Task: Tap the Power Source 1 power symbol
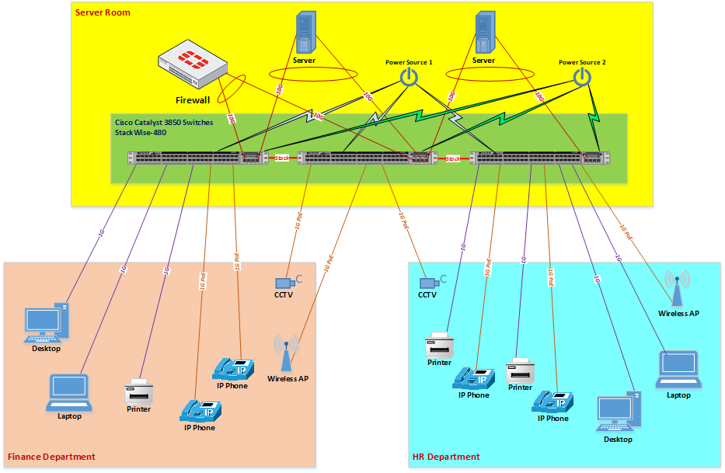point(408,77)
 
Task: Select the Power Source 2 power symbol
point(581,76)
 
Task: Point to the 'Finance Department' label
point(51,457)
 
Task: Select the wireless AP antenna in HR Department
point(678,290)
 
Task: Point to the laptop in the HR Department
point(678,370)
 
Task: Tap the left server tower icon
point(305,34)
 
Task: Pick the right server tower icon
point(485,34)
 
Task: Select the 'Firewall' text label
point(193,100)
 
